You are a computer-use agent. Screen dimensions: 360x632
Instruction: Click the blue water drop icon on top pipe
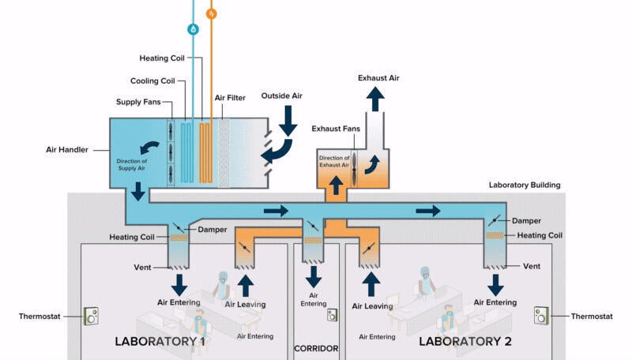[x=193, y=30]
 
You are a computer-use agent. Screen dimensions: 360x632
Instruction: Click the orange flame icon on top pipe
[x=211, y=13]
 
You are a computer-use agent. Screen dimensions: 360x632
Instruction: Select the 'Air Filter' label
[x=230, y=99]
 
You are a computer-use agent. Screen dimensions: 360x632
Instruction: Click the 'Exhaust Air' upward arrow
[x=376, y=98]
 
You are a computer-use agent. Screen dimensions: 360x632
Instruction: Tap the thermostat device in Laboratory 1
[x=92, y=317]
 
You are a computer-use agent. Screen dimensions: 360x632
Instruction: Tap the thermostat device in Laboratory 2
[x=542, y=315]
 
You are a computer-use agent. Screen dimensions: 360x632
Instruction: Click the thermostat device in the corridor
[x=333, y=315]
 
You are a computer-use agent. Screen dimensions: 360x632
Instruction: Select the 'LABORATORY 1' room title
[x=160, y=342]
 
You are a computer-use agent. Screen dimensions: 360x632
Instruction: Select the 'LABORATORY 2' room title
[x=465, y=342]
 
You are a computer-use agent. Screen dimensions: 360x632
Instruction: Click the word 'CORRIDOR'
[x=316, y=348]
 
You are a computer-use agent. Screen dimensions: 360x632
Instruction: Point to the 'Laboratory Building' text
[x=525, y=186]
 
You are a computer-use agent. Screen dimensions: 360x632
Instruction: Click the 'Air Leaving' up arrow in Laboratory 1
[x=246, y=284]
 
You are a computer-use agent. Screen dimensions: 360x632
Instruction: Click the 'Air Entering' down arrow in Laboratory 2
[x=495, y=283]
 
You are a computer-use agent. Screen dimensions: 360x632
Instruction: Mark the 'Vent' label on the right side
[x=532, y=267]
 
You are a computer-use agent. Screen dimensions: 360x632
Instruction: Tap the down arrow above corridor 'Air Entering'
[x=314, y=276]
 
